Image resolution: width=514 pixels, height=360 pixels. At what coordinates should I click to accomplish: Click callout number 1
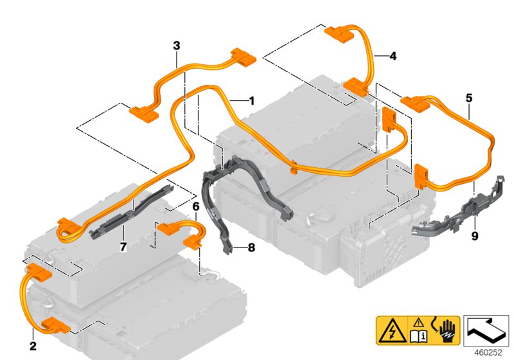(x=251, y=101)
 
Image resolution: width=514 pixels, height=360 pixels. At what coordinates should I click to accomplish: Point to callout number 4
(x=393, y=56)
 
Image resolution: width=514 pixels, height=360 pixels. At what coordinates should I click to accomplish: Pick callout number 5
(x=469, y=98)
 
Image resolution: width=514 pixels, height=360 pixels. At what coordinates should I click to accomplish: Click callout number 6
(x=195, y=206)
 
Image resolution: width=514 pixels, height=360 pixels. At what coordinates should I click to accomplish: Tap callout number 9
(x=475, y=236)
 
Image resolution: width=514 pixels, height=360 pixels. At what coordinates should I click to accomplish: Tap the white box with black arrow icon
(x=487, y=330)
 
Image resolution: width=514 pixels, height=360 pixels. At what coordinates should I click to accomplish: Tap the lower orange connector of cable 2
(x=55, y=325)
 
